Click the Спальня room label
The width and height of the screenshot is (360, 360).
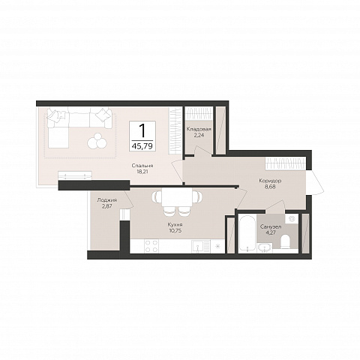point(142,166)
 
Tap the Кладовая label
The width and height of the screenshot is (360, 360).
point(199,129)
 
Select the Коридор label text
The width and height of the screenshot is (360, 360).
point(270,181)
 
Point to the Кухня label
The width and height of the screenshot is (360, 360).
point(175,225)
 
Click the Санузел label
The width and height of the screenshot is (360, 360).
point(271,226)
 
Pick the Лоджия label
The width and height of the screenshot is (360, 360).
point(107,200)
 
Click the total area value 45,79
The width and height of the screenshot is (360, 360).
point(142,145)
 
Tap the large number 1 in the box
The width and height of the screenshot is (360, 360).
point(142,130)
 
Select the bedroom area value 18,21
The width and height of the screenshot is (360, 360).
point(142,172)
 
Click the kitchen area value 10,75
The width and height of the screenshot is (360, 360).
point(175,230)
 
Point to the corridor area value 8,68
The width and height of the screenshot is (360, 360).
point(270,187)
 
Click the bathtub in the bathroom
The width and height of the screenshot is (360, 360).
point(247,233)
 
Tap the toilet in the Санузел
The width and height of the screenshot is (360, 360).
point(285,241)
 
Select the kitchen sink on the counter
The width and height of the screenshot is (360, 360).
point(198,246)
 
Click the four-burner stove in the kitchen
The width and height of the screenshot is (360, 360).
point(151,246)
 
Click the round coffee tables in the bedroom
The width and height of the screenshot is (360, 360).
point(97,140)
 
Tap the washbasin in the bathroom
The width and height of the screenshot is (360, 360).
point(265,247)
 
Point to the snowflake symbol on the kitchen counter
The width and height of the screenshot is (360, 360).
point(217,246)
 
